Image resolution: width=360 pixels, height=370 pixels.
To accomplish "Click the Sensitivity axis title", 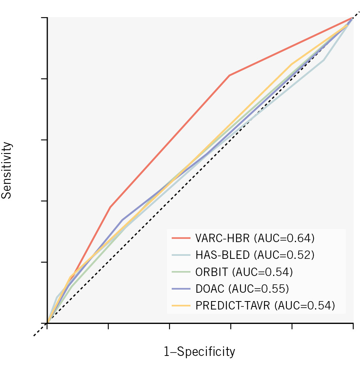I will coord(7,170).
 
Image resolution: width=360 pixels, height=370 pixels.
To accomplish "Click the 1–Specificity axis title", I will coord(199,351).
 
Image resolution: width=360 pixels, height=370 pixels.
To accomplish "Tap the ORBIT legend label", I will coord(211,272).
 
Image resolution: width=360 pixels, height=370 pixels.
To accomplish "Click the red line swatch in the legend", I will coord(181,239).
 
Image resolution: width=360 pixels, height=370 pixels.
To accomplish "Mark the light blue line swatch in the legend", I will coord(181,255).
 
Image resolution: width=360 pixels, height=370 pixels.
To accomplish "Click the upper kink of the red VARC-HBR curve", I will coord(229,75).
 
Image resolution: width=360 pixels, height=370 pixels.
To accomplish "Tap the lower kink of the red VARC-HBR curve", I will coord(110,207).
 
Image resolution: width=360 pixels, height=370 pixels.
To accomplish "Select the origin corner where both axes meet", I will coord(48,323).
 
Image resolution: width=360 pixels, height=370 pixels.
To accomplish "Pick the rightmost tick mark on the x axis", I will coord(353,326).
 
